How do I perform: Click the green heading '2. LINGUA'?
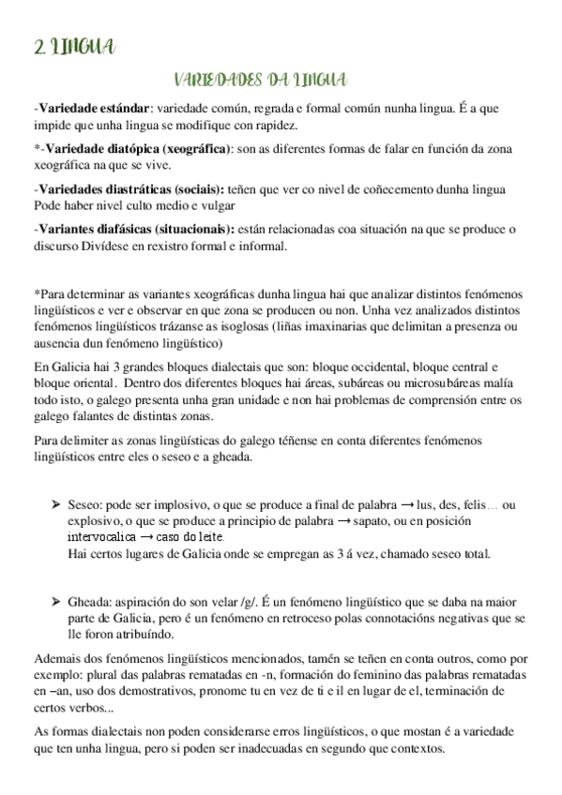pos(73,46)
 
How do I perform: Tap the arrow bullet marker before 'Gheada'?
pos(55,599)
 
